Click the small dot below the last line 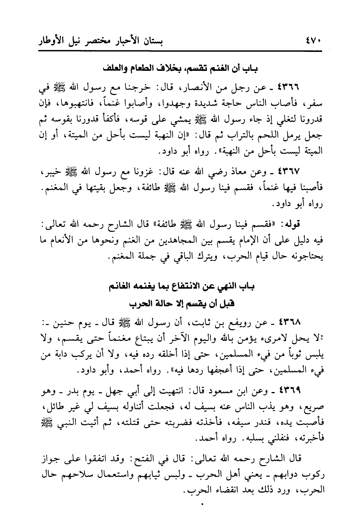coord(202,504)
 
